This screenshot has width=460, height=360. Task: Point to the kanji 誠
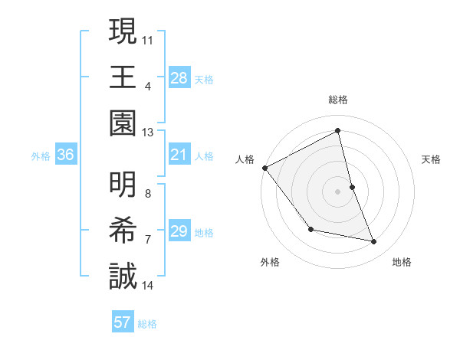coord(123,276)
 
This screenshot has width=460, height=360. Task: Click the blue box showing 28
coord(179,78)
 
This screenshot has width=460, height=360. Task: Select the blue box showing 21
coord(179,155)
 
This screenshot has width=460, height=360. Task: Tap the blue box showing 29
coord(179,232)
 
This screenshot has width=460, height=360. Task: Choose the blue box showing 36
coord(66,155)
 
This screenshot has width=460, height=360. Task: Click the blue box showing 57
coord(123,322)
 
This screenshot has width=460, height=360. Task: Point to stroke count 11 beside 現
coord(148,38)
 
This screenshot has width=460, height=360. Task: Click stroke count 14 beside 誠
coord(148,286)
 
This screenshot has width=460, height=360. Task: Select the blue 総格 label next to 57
coord(147,324)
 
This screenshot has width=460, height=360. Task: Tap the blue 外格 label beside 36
coord(41,156)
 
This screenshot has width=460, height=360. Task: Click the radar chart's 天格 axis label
coord(431,159)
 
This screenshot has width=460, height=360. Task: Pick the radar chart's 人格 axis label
coord(245,159)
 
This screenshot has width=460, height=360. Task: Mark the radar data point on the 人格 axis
coord(264,168)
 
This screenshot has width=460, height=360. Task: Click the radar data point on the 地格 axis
coord(374,242)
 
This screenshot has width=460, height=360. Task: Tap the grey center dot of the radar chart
coord(337,191)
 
